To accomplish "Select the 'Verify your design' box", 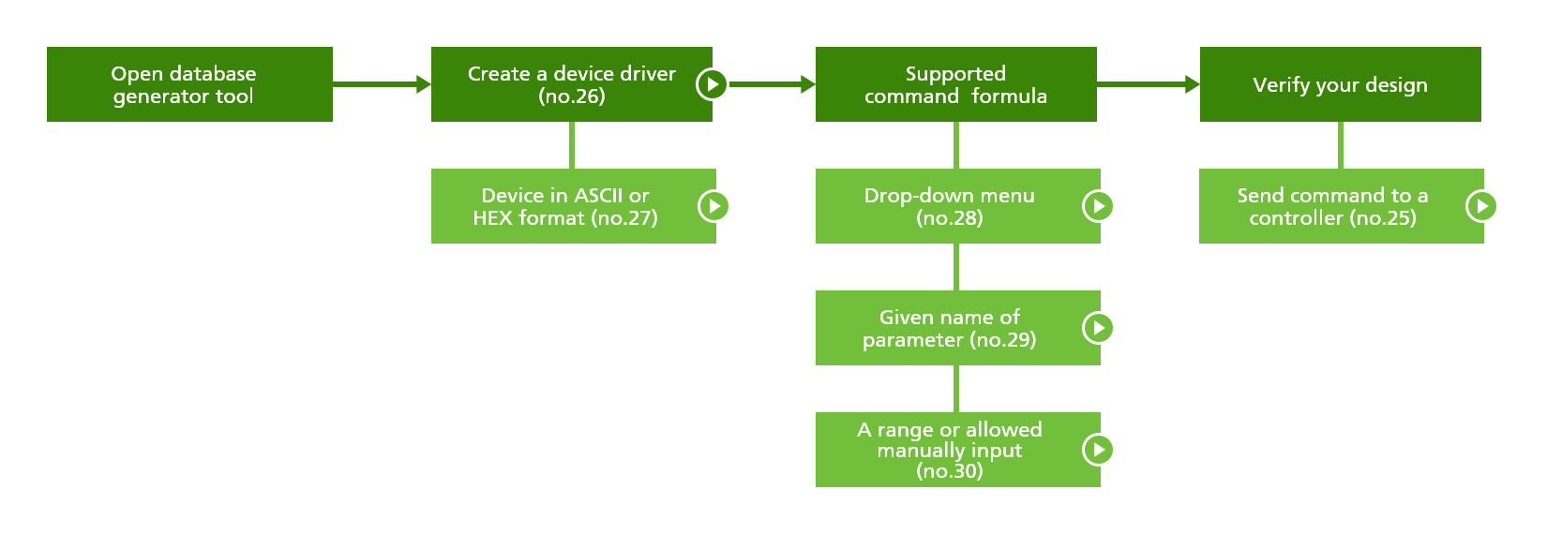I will click(1340, 84).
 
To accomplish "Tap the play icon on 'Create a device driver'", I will click(712, 84).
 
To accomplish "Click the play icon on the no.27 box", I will click(713, 206).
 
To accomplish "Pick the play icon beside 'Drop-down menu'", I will click(1098, 206).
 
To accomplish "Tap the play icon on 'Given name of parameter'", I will click(1098, 328).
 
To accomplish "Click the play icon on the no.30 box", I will click(1098, 450).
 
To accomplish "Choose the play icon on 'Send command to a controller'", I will click(1481, 206).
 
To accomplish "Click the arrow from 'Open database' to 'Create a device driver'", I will click(381, 84).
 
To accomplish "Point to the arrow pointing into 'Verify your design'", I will click(1148, 84).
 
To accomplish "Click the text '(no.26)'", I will click(572, 96).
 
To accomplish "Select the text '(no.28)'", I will click(950, 218).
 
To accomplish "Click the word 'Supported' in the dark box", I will click(955, 73).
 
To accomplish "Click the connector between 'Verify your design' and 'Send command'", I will click(1340, 145).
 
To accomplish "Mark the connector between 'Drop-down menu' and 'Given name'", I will click(955, 267).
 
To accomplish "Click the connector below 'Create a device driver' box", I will click(572, 145).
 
